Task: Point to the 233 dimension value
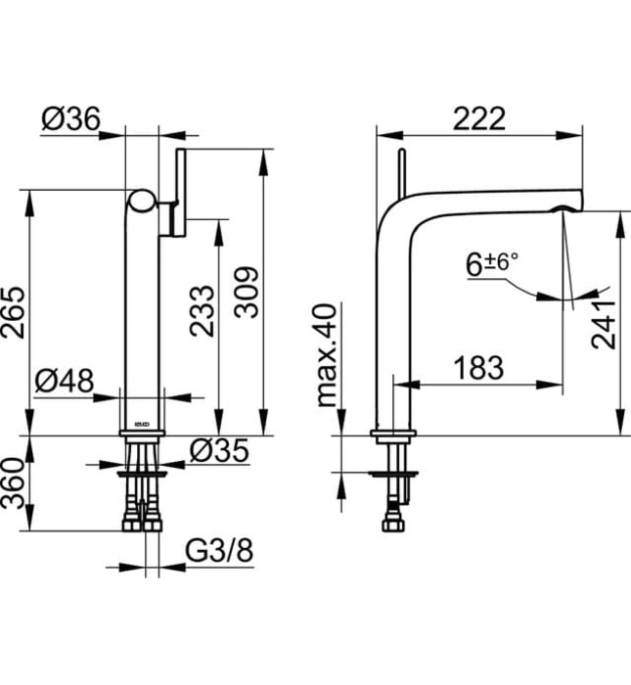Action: pyautogui.click(x=201, y=311)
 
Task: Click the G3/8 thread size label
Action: pyautogui.click(x=219, y=553)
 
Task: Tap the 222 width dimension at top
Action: pyautogui.click(x=479, y=118)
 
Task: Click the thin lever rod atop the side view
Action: pyautogui.click(x=399, y=172)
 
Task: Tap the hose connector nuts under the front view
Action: pyautogui.click(x=145, y=522)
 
